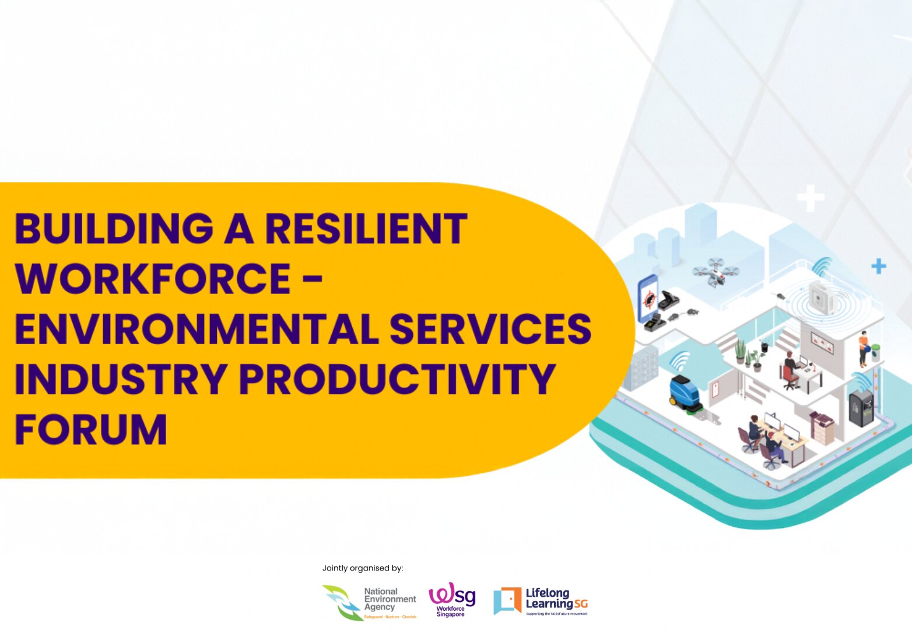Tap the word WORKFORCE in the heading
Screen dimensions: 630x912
tap(153, 279)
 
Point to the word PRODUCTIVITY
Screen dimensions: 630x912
tap(397, 379)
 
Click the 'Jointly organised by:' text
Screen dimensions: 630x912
tap(363, 568)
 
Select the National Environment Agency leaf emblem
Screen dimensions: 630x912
tap(343, 603)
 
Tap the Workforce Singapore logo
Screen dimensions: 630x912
tap(452, 599)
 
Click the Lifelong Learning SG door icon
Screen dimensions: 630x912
tap(507, 600)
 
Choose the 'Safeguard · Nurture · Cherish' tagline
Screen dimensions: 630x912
tap(390, 617)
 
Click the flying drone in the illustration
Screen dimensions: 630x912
tap(715, 271)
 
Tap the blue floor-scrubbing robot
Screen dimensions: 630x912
tap(685, 395)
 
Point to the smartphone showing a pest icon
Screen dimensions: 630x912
tap(647, 299)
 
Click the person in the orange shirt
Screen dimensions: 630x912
tap(864, 348)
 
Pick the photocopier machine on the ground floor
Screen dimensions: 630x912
tap(822, 424)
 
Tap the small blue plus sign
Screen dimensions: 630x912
tap(878, 267)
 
